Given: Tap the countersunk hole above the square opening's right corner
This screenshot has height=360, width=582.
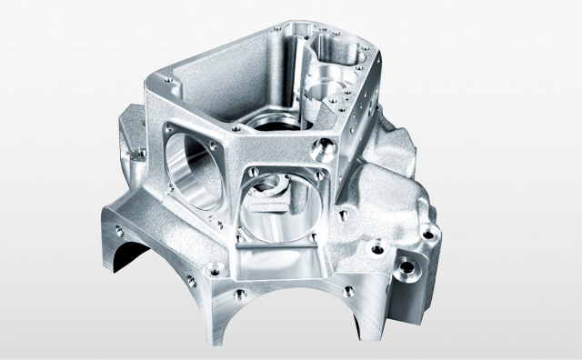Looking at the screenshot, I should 320,145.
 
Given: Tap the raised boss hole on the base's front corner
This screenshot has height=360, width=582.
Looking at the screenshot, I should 216,268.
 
